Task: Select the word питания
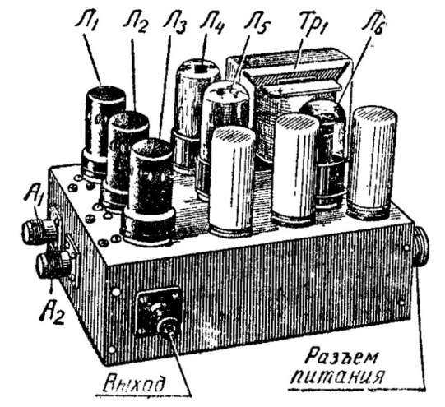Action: pos(337,377)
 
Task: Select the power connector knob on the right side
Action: pos(421,244)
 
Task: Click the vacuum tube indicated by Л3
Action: pos(148,192)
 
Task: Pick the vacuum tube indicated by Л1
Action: pos(103,132)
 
